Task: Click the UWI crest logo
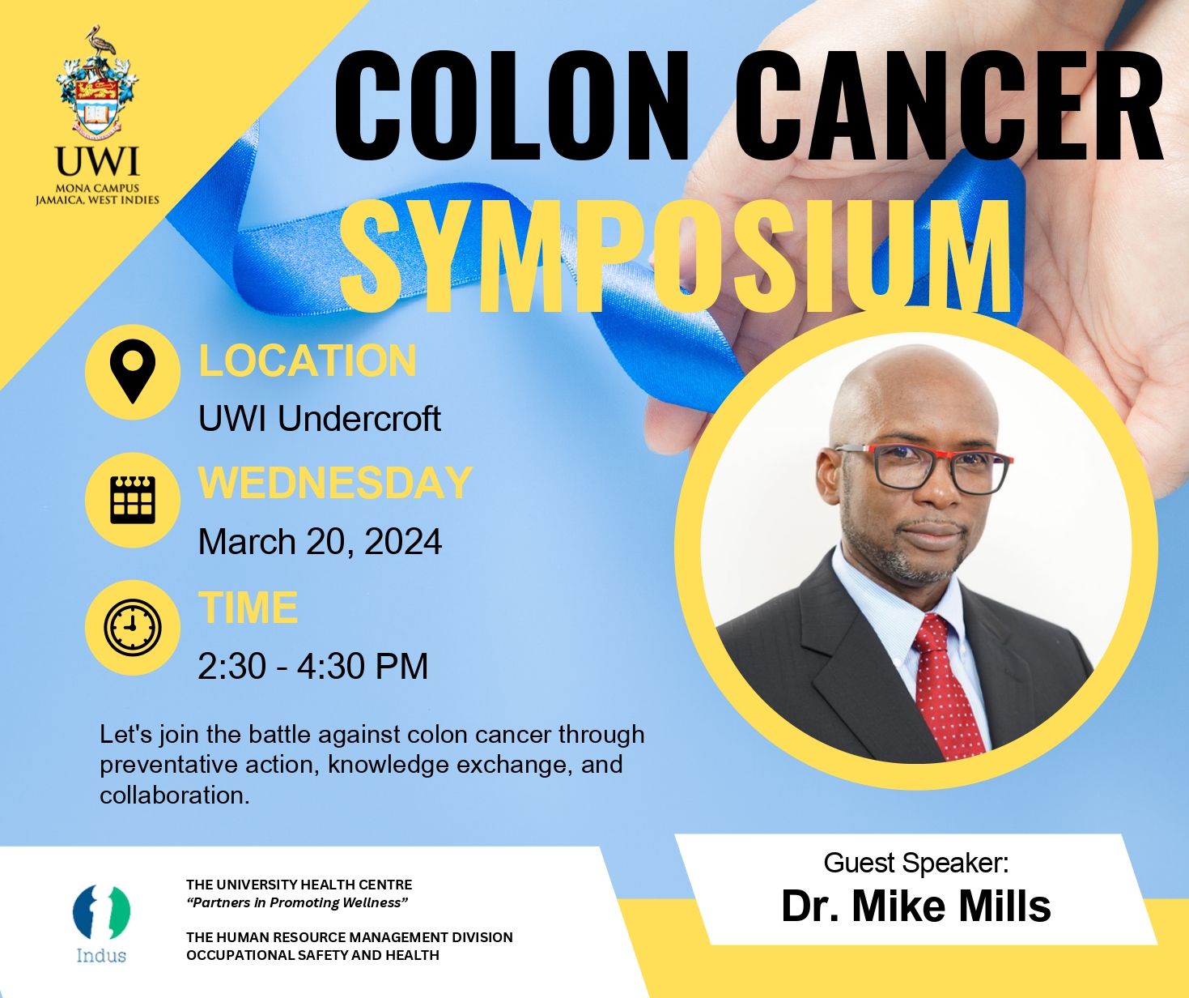click(97, 89)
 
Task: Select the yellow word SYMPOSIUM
click(676, 255)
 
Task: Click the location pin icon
click(132, 372)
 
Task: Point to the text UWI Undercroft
click(320, 419)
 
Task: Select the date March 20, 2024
click(320, 542)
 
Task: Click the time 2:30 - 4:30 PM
click(312, 667)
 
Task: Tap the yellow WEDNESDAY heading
click(335, 483)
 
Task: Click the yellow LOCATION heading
click(308, 360)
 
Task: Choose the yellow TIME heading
click(248, 608)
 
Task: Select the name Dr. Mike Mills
click(915, 906)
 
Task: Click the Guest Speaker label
click(915, 863)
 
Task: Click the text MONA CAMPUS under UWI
click(97, 188)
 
